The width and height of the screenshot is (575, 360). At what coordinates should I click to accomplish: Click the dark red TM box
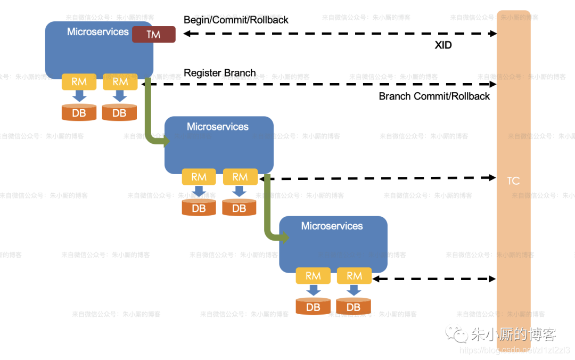point(153,35)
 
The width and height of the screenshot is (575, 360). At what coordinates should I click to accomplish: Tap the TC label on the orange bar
point(513,181)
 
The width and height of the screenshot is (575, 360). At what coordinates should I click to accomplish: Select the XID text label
point(443,46)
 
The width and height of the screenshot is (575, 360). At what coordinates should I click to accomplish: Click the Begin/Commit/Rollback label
point(236,20)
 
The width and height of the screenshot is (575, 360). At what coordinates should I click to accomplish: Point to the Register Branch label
point(219,73)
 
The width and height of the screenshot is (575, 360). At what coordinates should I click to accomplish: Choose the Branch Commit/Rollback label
point(434,96)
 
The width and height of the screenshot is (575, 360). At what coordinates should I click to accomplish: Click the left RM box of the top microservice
point(79,82)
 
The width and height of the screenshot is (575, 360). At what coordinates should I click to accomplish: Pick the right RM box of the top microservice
point(120,82)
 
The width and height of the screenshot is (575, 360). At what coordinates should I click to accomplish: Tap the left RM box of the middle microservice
point(199,177)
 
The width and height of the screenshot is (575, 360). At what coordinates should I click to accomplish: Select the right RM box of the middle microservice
point(240,177)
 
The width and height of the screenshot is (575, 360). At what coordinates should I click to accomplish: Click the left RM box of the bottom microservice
point(313,276)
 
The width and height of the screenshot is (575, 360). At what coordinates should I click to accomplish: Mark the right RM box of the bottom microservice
point(354,276)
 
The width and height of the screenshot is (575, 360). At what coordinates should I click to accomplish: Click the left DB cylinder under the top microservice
point(79,113)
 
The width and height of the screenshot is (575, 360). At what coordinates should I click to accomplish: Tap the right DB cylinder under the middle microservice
point(240,208)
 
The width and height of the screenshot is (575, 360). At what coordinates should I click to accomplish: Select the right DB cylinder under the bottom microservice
point(354,307)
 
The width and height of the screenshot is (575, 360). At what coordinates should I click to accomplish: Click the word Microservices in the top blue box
point(98,32)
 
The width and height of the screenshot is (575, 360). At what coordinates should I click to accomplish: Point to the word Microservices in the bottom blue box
point(332,226)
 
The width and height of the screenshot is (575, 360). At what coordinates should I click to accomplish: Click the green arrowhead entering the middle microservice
point(165,141)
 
